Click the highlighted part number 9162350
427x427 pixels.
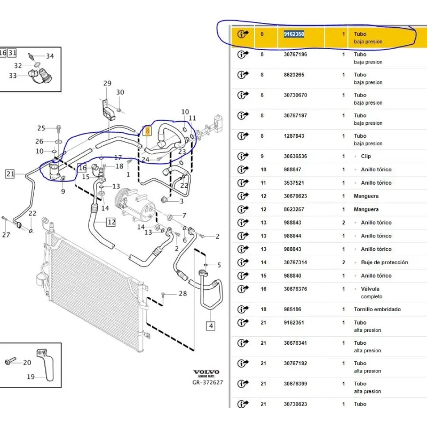coord(294,34)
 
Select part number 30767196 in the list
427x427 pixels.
coord(295,54)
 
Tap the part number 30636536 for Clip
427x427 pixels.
coord(295,156)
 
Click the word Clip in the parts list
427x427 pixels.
coord(366,156)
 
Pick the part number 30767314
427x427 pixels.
coord(295,263)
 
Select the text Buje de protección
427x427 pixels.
coord(381,263)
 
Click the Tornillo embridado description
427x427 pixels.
coord(377,310)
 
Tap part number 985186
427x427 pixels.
coord(292,310)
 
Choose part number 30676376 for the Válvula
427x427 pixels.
coord(295,289)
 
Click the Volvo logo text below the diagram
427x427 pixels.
coord(205,373)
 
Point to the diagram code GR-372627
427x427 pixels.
coord(208,382)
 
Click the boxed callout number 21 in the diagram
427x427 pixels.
coord(11,173)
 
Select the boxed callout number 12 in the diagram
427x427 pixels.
coord(110,222)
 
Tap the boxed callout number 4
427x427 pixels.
coord(211,326)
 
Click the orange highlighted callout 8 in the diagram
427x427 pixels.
coord(148,130)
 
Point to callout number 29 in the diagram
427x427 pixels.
coord(107,83)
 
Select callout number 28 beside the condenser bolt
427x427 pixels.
coord(183,294)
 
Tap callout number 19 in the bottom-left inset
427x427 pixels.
coord(30,377)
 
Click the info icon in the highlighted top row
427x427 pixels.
coord(243,34)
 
